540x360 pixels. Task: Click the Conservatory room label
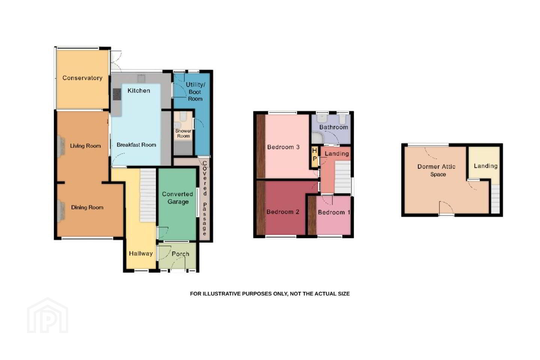point(82,78)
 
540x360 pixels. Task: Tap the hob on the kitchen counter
point(117,94)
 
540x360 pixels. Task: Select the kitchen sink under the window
point(141,78)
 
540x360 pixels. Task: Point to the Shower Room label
point(183,133)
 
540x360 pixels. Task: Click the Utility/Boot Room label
point(195,91)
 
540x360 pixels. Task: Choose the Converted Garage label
point(178,198)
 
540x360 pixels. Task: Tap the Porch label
point(180,254)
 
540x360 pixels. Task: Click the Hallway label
point(141,253)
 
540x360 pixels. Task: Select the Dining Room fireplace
point(61,210)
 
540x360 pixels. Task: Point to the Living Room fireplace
point(61,147)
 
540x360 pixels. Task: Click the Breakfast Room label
point(136,145)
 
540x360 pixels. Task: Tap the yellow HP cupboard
point(315,156)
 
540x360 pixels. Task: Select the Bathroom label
point(334,127)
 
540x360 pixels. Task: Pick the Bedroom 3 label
point(283,147)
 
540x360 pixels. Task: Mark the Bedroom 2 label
point(283,212)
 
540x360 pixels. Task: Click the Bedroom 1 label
point(334,212)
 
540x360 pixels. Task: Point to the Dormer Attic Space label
point(436,170)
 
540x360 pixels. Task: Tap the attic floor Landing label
point(486,166)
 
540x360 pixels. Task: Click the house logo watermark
point(48,316)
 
